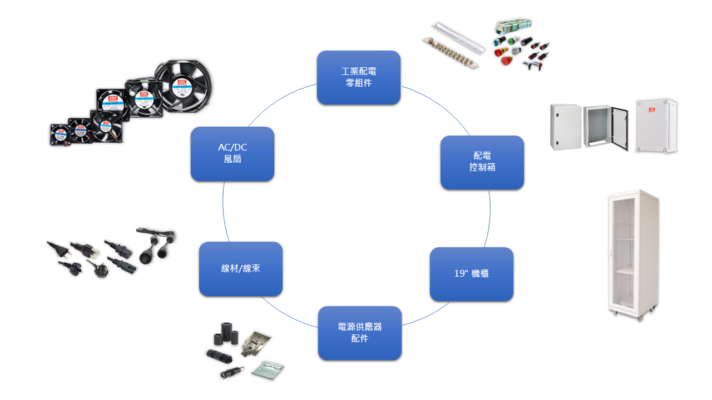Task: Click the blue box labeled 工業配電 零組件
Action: [359, 78]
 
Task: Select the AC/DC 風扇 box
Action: [233, 154]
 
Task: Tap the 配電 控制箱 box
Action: [482, 162]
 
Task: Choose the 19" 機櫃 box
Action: [472, 274]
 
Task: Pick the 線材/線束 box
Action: [241, 268]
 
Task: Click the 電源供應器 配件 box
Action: [360, 333]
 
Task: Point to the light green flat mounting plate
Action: [268, 370]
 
